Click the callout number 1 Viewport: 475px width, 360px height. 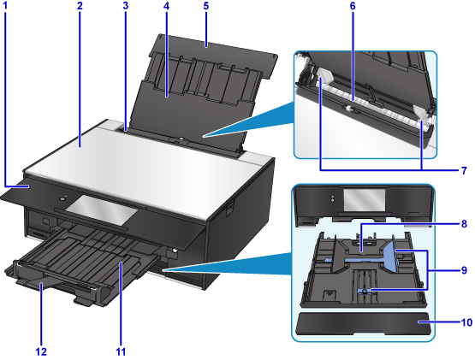(5, 6)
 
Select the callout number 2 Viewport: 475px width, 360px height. (80, 6)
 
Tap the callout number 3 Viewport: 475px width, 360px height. (126, 6)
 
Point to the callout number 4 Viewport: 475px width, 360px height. (166, 6)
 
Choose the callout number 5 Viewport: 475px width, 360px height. (206, 6)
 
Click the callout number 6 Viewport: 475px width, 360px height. (353, 6)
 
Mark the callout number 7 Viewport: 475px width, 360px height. (464, 170)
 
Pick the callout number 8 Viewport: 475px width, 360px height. (464, 224)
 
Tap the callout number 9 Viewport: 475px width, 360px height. (464, 270)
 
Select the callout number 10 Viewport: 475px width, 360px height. (466, 322)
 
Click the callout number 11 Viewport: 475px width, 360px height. (121, 351)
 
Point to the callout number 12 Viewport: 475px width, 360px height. (40, 351)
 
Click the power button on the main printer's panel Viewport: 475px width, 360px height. (62, 198)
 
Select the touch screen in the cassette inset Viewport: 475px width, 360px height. (364, 201)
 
